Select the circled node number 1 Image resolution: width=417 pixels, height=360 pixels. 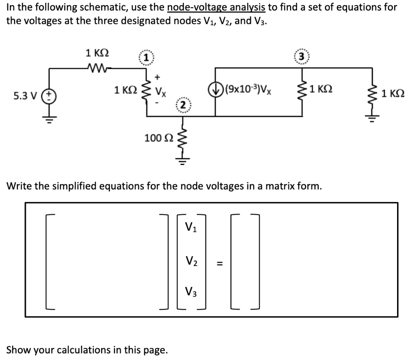point(145,58)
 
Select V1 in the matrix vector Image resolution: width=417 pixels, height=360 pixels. point(190,227)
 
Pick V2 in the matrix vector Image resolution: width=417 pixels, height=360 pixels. point(190,260)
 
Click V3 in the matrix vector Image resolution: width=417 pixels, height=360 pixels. point(190,292)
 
